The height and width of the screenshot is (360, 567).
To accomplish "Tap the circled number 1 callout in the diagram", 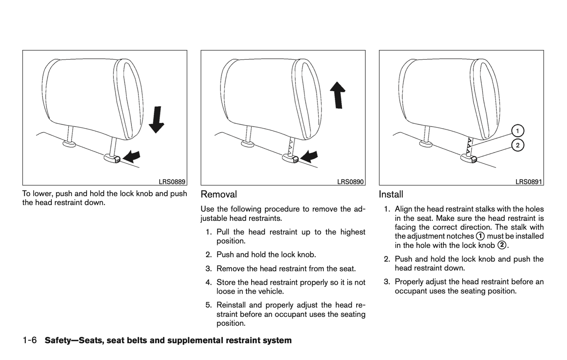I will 518,131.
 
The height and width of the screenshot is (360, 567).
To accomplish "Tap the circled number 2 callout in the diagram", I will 518,145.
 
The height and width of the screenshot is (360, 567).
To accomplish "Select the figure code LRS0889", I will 172,182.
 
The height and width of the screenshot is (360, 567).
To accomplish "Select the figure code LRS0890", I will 350,182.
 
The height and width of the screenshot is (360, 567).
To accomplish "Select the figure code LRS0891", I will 529,182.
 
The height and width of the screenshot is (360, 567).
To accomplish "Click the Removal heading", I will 219,195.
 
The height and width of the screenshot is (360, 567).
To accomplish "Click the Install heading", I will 391,195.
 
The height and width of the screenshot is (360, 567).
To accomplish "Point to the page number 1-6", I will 29,340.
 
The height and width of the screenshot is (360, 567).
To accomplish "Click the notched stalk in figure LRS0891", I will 469,147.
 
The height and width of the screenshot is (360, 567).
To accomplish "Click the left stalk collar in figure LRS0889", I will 69,144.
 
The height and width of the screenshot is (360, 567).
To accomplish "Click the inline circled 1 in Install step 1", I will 480,236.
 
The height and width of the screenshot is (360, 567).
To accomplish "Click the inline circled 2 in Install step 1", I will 501,245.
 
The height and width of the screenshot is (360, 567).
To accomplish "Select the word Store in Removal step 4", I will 226,282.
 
